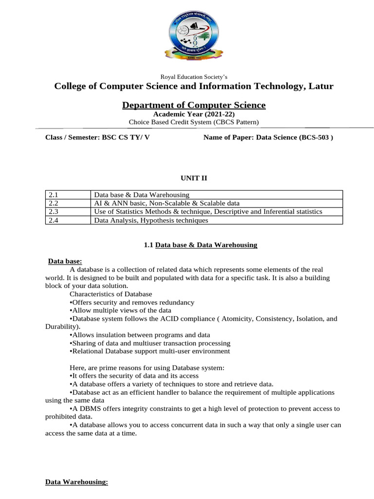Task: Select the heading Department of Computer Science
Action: click(194, 105)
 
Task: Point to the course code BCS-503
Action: click(315, 137)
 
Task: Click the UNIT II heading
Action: click(194, 179)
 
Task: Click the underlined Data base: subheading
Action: click(65, 261)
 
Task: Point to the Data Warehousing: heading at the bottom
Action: click(76, 482)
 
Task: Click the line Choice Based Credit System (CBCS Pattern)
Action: click(194, 122)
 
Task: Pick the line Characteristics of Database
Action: click(111, 294)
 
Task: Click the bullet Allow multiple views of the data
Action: click(120, 310)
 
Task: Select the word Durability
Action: click(61, 326)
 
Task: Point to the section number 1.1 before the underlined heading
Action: click(149, 245)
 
